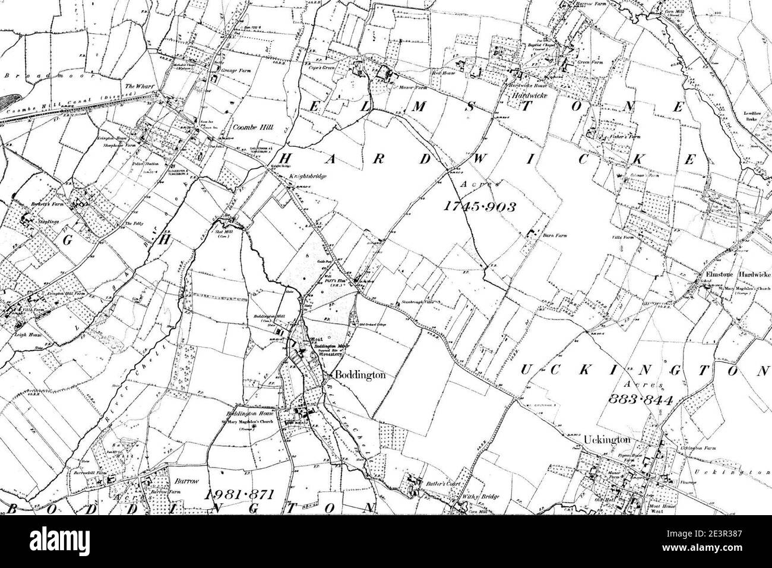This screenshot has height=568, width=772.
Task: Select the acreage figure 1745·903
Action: point(479,206)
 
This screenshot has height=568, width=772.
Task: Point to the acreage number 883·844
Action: point(640,400)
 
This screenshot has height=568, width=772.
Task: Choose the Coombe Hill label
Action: point(238,127)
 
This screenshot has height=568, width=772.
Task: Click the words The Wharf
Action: point(140,87)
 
